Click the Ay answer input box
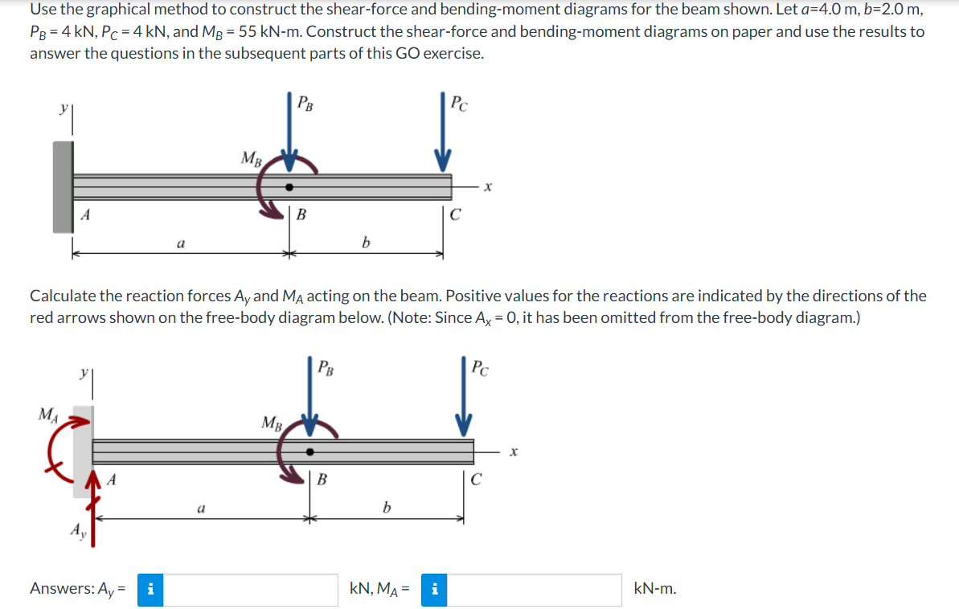(250, 590)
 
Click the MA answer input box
(534, 590)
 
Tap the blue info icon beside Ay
(150, 590)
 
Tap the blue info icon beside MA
(434, 590)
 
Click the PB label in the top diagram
(305, 104)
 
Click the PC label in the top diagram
(459, 104)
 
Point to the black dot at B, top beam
(289, 187)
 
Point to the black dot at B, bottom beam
(310, 452)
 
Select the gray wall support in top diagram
(63, 187)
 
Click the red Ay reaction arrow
(93, 508)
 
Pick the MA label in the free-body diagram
(48, 415)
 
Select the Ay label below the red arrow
(79, 531)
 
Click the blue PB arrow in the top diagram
(290, 132)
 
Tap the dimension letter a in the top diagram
(180, 243)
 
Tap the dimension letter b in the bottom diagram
(386, 508)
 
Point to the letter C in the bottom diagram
(476, 480)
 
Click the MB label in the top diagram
(252, 158)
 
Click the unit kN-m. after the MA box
(655, 589)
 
